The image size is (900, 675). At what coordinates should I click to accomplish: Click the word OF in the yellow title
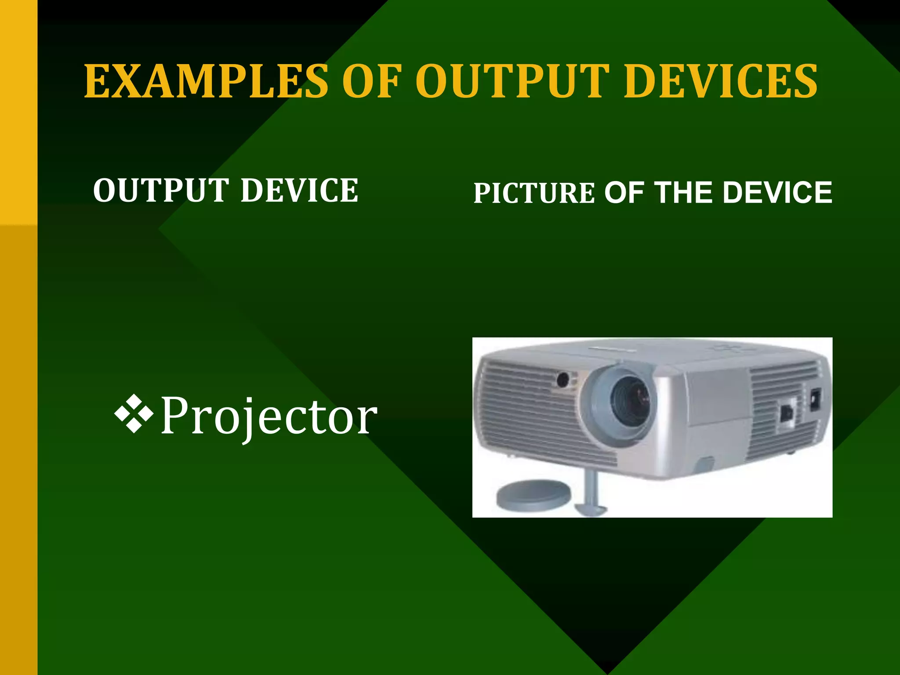[371, 81]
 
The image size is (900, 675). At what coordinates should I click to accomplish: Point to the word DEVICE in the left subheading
[299, 191]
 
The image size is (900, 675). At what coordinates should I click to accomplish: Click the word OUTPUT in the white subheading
[161, 191]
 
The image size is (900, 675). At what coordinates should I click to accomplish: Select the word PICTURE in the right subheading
[534, 193]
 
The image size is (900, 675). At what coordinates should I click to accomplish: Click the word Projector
[269, 416]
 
